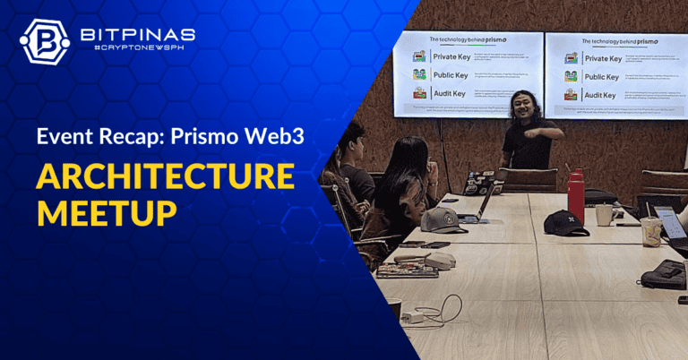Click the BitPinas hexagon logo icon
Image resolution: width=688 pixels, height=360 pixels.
[x=44, y=42]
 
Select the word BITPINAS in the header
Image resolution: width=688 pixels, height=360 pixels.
[x=135, y=34]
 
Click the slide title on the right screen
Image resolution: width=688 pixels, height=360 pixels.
[x=616, y=41]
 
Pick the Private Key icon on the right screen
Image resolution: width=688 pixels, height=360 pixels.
[x=571, y=58]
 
